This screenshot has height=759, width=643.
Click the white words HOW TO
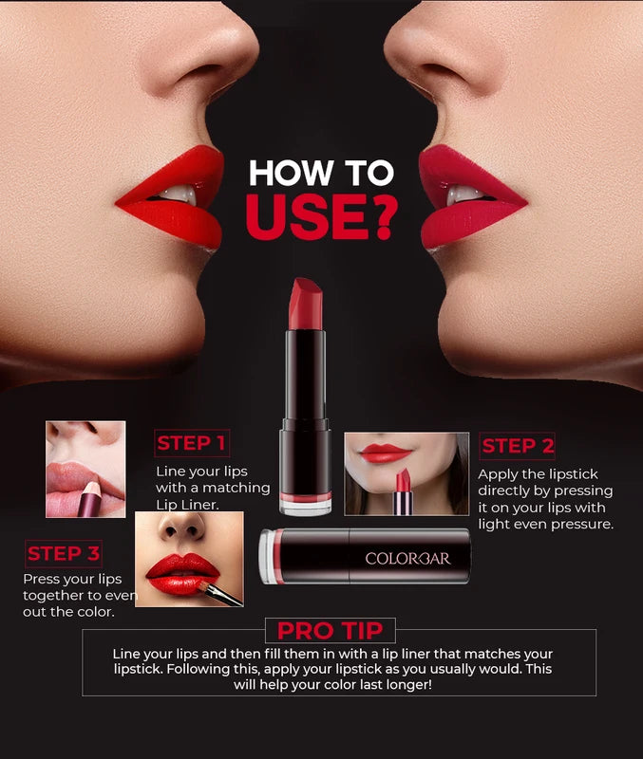tap(321, 173)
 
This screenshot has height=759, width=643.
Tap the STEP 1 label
tap(192, 443)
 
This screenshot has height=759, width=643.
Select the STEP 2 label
tap(518, 446)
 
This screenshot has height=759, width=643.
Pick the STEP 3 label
tap(64, 553)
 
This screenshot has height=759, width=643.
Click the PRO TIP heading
tap(330, 630)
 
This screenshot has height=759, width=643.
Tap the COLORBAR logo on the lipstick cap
tap(408, 558)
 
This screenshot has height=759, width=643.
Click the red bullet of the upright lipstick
tap(307, 304)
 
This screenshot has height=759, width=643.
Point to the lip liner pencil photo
tap(85, 469)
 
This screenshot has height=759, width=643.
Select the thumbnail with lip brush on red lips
tap(188, 559)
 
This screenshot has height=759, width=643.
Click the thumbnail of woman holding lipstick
tap(406, 473)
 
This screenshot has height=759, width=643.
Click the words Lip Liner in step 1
tap(187, 505)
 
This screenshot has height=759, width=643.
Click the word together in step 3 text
tap(57, 595)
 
